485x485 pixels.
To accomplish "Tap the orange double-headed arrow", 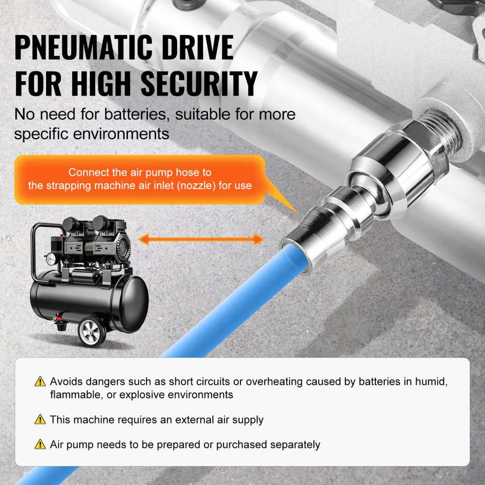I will [200, 239].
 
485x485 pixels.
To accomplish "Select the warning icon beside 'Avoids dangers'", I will [40, 381].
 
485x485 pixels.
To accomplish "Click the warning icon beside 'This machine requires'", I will [40, 420].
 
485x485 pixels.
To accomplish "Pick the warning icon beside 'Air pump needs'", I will [40, 444].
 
